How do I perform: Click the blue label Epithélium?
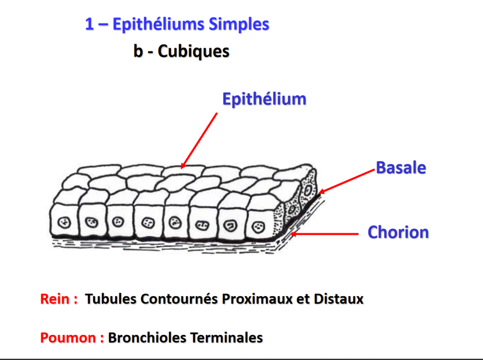(264, 99)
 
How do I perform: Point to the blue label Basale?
(401, 168)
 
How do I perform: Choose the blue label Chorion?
(398, 232)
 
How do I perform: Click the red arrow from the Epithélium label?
(199, 140)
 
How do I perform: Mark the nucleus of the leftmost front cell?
(64, 223)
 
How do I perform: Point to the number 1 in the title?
(89, 24)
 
